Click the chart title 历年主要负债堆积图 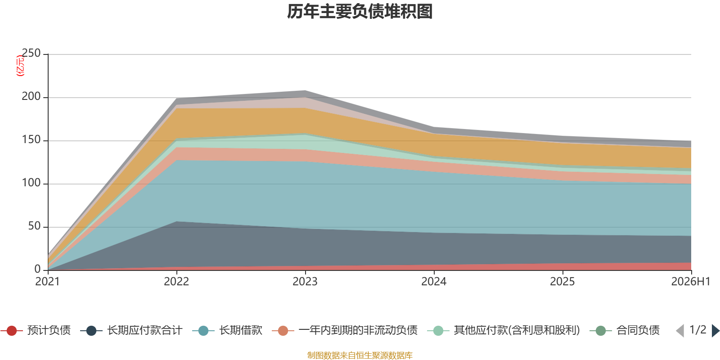[360, 12]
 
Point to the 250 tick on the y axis [31, 53]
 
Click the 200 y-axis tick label [31, 96]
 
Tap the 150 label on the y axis [31, 139]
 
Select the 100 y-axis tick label [31, 183]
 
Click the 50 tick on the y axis [34, 226]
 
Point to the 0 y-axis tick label [38, 269]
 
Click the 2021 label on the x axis [48, 282]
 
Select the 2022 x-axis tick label [176, 282]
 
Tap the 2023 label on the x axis [305, 282]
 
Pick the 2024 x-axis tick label [434, 282]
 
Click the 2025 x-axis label [562, 282]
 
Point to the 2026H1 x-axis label [691, 282]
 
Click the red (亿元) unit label [20, 66]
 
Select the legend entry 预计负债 [36, 330]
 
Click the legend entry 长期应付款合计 [131, 330]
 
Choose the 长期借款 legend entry [227, 330]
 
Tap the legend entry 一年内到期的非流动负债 [345, 330]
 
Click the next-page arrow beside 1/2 [715, 331]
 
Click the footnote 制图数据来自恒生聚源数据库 [360, 355]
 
